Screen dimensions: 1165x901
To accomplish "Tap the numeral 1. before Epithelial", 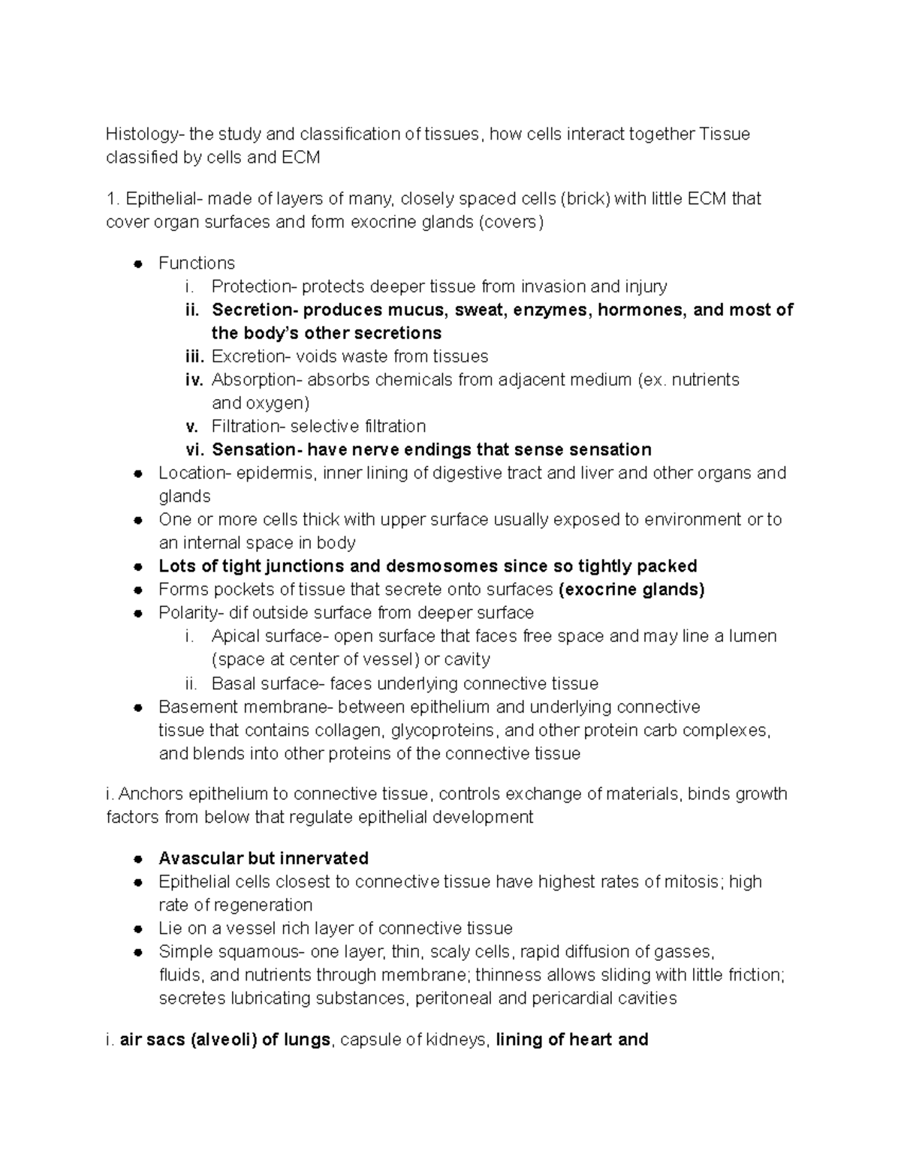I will pyautogui.click(x=113, y=199).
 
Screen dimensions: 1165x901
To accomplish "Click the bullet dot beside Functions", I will pyautogui.click(x=137, y=263).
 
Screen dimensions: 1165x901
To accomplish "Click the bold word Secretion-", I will pyautogui.click(x=255, y=310).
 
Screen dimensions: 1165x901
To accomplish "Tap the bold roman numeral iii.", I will pyautogui.click(x=194, y=356).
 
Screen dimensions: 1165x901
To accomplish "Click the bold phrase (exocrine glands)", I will pyautogui.click(x=631, y=590).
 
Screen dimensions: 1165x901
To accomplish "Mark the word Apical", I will pyautogui.click(x=234, y=636).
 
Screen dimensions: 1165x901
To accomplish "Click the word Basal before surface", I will pyautogui.click(x=233, y=683).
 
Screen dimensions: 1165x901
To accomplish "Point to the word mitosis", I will pyautogui.click(x=692, y=881).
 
